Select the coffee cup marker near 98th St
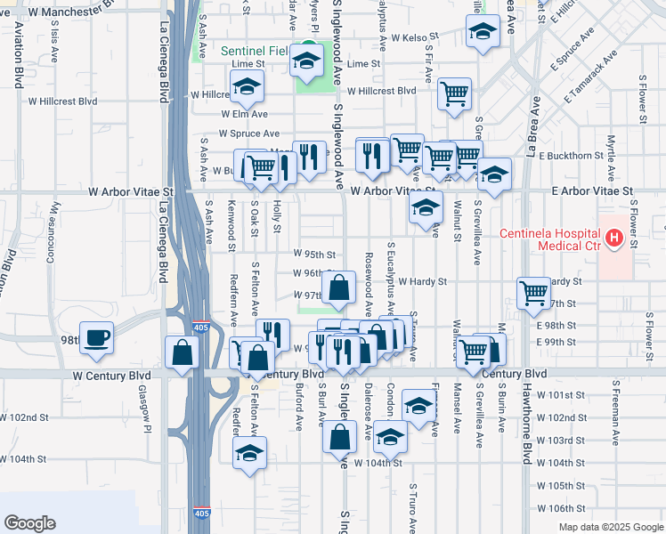[x=98, y=338]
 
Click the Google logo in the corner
[x=29, y=523]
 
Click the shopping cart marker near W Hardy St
[x=533, y=292]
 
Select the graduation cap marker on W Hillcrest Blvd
[x=246, y=86]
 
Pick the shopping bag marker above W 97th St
[x=339, y=288]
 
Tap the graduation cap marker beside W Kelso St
[x=482, y=32]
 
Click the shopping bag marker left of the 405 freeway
[x=182, y=352]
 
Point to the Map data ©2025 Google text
[x=611, y=527]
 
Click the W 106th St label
[x=562, y=508]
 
